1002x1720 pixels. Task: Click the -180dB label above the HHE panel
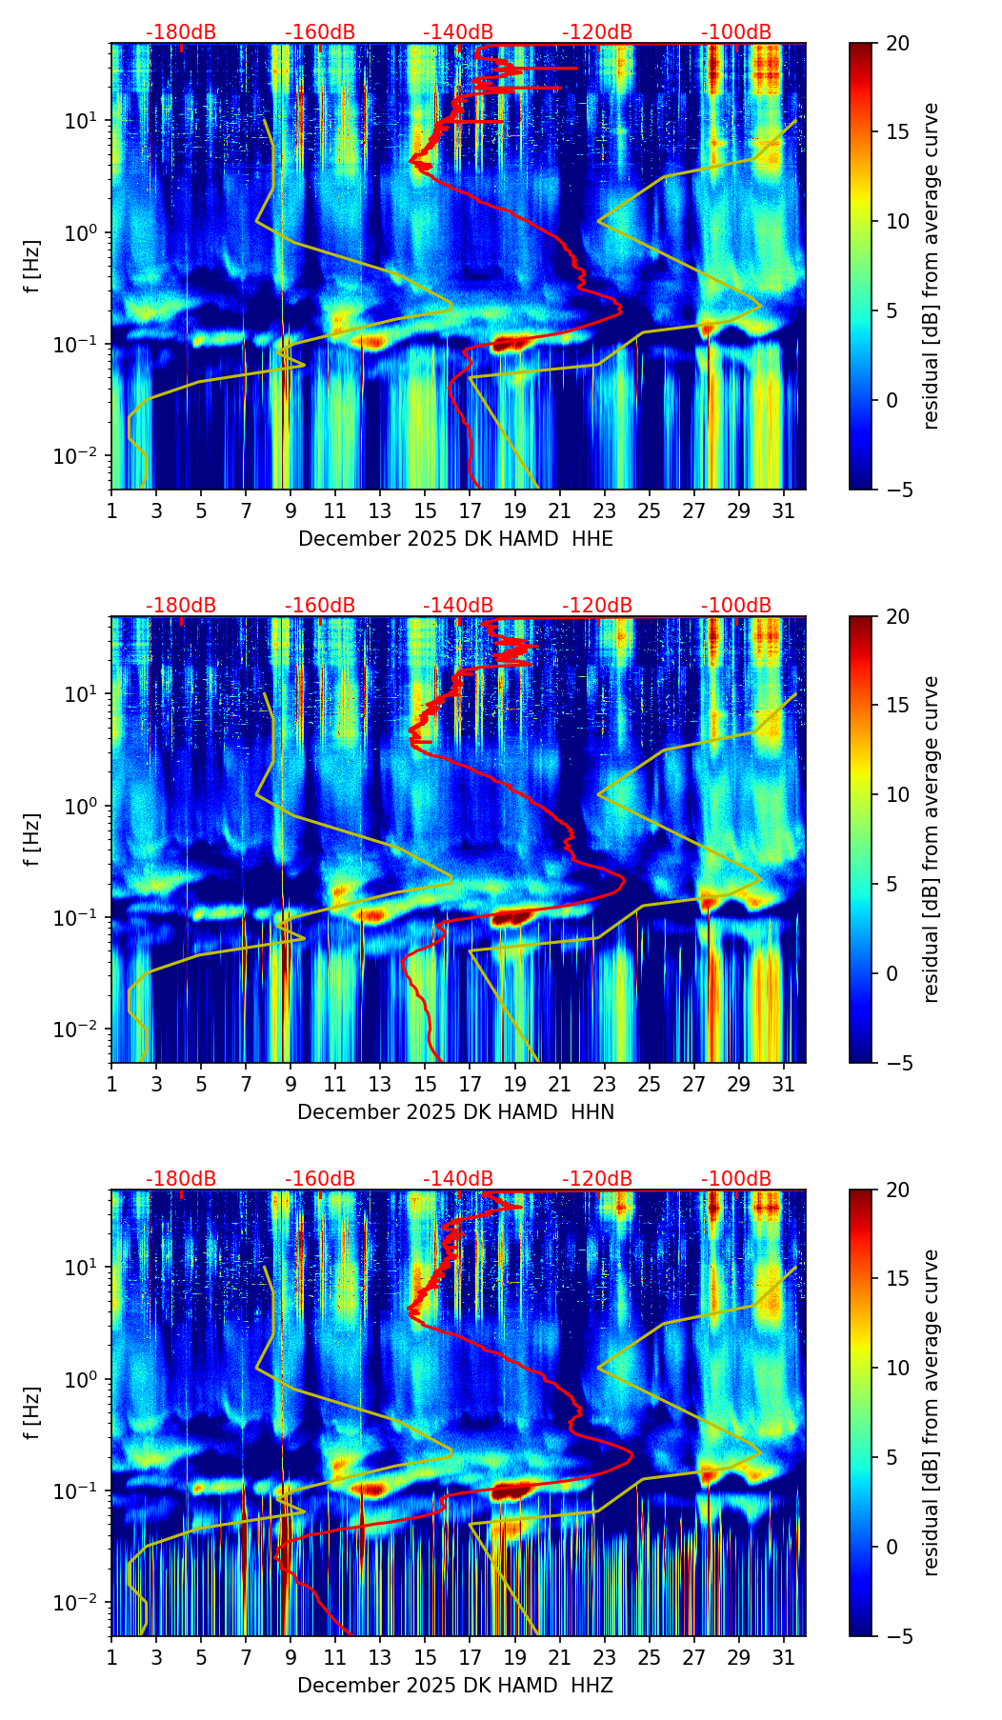pyautogui.click(x=181, y=32)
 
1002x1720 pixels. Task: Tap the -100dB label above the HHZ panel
pyautogui.click(x=736, y=1179)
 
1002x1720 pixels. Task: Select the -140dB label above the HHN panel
pyautogui.click(x=458, y=606)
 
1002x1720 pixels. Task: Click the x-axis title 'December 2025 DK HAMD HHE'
pyautogui.click(x=455, y=539)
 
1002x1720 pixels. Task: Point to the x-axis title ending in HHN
pyautogui.click(x=455, y=1112)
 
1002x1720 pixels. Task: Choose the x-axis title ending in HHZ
pyautogui.click(x=455, y=1686)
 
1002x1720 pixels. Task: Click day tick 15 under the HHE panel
pyautogui.click(x=425, y=510)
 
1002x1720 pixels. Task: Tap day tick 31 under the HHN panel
pyautogui.click(x=783, y=1084)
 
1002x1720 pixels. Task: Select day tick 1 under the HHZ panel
pyautogui.click(x=111, y=1657)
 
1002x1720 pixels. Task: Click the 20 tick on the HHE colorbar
pyautogui.click(x=897, y=44)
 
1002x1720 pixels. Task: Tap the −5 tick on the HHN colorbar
pyautogui.click(x=897, y=1063)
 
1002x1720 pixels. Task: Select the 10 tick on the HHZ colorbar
pyautogui.click(x=897, y=1368)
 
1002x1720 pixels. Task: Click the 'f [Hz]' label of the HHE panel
pyautogui.click(x=32, y=267)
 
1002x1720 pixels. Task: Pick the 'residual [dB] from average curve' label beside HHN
pyautogui.click(x=931, y=839)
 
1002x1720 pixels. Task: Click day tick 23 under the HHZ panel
pyautogui.click(x=604, y=1657)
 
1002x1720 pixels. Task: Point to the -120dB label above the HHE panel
pyautogui.click(x=597, y=32)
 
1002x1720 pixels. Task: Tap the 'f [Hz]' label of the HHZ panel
pyautogui.click(x=32, y=1413)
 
